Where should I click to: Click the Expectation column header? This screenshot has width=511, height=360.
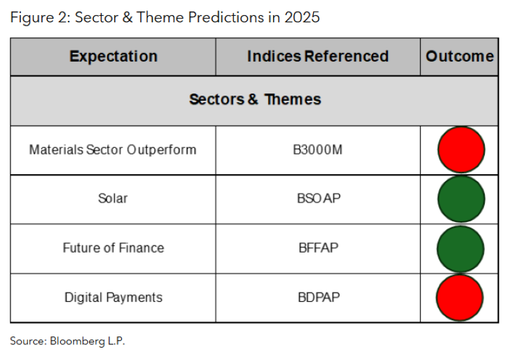(x=113, y=56)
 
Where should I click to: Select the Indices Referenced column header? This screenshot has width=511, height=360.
(x=318, y=56)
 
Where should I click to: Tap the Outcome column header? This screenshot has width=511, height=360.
(x=460, y=56)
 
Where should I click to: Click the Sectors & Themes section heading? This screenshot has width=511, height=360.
(x=255, y=99)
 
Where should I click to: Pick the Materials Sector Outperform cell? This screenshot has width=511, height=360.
(x=113, y=149)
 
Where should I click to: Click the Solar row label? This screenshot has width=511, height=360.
(x=113, y=198)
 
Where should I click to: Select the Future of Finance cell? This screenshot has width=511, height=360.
(x=113, y=248)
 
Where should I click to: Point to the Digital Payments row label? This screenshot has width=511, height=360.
(x=113, y=297)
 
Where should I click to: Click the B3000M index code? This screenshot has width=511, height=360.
(x=318, y=149)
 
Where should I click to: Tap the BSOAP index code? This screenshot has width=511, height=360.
(x=318, y=198)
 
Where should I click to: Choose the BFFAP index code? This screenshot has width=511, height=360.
(x=318, y=248)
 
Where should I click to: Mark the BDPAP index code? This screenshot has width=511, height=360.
(x=318, y=297)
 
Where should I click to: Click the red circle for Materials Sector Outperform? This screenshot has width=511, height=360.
(x=461, y=150)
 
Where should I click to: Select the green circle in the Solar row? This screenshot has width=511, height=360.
(x=461, y=199)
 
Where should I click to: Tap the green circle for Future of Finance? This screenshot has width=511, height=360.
(x=461, y=249)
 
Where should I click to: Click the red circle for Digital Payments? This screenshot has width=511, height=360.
(x=461, y=298)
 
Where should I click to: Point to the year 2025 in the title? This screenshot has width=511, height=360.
(x=302, y=17)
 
